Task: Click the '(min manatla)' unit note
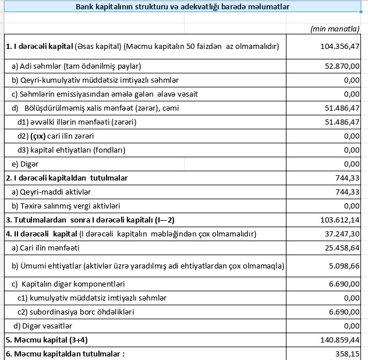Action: point(335,28)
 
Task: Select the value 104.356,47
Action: point(340,46)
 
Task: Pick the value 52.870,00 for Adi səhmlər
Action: point(343,66)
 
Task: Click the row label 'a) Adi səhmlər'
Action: point(76,66)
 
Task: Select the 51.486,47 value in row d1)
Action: point(343,122)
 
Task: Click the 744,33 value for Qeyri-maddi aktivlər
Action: point(348,192)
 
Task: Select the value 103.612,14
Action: point(340,220)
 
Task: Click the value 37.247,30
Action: point(343,234)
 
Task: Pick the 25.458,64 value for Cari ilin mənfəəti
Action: point(343,248)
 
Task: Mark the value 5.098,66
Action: point(345,266)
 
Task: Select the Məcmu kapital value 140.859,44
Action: point(340,340)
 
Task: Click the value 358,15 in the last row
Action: point(348,354)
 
